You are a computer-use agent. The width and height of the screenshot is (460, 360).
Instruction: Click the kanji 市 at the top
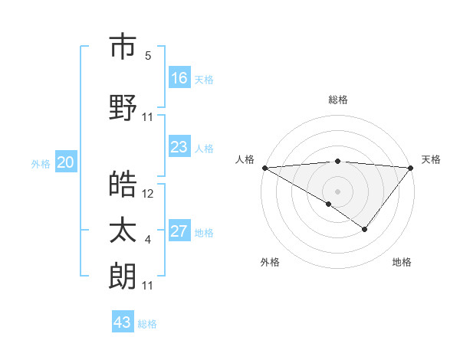tap(123, 47)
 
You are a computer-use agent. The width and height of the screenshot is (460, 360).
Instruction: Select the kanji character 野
tap(123, 108)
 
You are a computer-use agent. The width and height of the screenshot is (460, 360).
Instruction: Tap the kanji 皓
tap(123, 185)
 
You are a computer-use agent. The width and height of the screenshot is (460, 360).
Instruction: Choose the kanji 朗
tap(123, 277)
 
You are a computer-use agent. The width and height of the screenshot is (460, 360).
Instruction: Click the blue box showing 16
tap(179, 78)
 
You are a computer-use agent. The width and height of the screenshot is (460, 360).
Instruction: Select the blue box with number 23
tap(179, 147)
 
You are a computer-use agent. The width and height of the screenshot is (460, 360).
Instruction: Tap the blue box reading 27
tap(179, 231)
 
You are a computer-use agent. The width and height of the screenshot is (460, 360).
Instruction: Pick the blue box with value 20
tap(66, 162)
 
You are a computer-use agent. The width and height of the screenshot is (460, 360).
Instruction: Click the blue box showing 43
tap(123, 322)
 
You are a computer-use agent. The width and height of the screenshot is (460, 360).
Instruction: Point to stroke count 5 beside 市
tap(148, 56)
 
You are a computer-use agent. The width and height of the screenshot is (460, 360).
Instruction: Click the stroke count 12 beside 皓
tap(148, 194)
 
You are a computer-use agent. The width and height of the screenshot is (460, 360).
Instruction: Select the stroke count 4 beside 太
tap(148, 241)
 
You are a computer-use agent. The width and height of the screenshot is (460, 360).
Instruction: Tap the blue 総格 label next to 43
tap(147, 324)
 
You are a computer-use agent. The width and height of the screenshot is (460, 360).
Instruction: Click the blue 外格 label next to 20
tap(41, 164)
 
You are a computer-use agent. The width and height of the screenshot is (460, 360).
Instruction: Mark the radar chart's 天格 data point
tap(411, 167)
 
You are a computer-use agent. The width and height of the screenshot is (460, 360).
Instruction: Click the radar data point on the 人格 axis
tap(264, 167)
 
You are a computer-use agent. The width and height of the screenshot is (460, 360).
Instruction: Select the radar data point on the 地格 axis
tap(365, 229)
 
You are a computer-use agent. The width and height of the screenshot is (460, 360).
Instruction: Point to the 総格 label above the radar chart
tap(337, 100)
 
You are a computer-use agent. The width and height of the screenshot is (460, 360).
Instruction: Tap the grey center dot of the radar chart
tap(337, 191)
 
